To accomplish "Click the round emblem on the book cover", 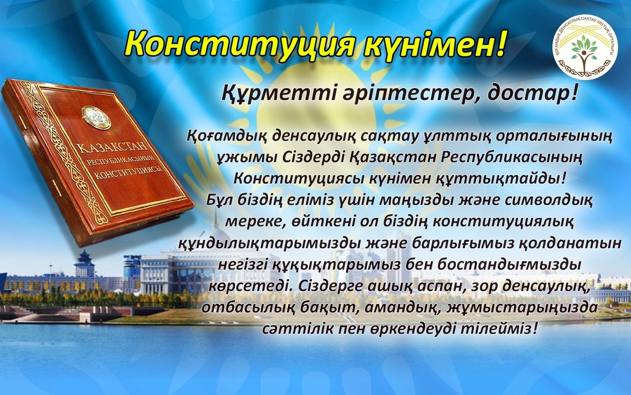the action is pyautogui.click(x=96, y=117).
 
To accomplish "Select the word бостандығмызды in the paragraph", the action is pyautogui.click(x=500, y=265).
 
